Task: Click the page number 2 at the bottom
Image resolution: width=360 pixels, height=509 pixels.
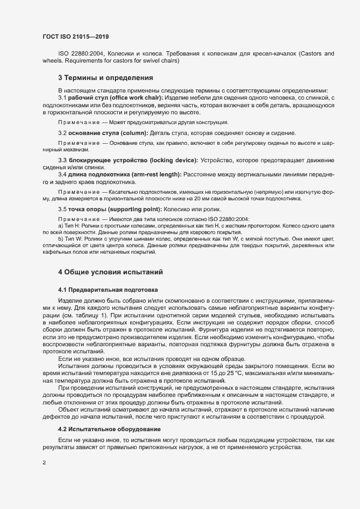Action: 44,464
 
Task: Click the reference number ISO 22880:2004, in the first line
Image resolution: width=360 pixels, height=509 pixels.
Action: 81,54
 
